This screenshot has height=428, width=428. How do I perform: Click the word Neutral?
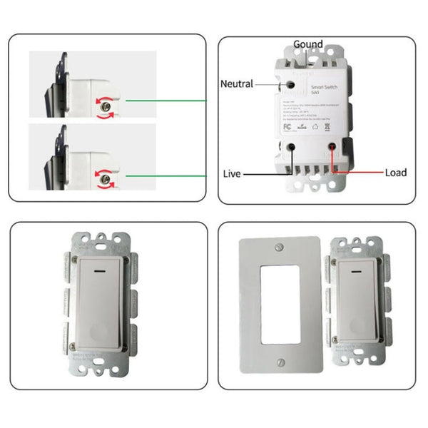pos(237,84)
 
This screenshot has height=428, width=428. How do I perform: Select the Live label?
pos(231,173)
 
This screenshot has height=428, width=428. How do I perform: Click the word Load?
pos(396,173)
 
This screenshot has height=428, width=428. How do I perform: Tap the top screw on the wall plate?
pos(279,249)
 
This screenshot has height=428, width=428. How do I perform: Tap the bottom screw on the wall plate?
pos(279,382)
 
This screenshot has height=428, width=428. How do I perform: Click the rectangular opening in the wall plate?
pos(279,315)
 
